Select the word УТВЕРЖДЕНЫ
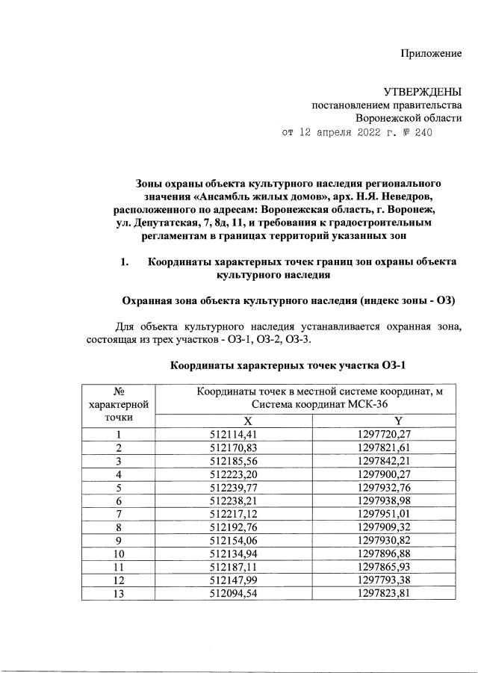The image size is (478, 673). coord(423,92)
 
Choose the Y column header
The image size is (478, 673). coord(398,420)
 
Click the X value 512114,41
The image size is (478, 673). coord(234,434)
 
